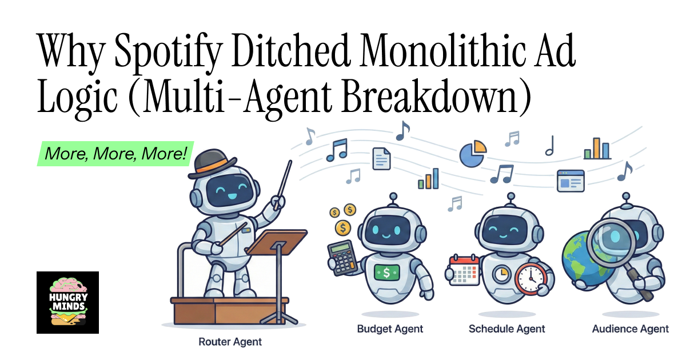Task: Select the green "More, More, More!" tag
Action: coord(116,154)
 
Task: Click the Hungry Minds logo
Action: coord(67,302)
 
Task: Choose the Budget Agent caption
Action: coord(390,329)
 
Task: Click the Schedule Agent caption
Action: coord(506,329)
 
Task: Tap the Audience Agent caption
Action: coord(630,329)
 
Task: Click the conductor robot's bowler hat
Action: coord(215,162)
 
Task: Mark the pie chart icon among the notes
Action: coord(472,153)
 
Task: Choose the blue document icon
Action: coord(381,158)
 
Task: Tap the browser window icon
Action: coord(571,181)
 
